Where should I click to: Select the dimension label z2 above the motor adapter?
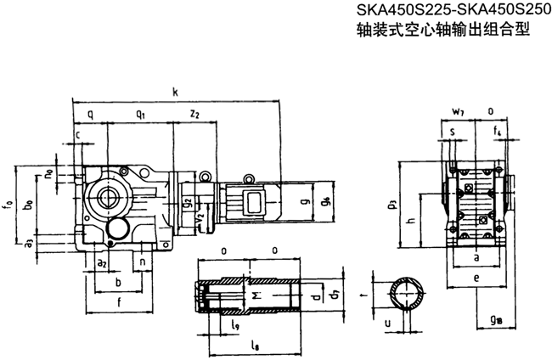pos(194,114)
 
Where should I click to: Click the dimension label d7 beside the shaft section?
pos(321,295)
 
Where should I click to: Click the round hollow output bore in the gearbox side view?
pos(109,197)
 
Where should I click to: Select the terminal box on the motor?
pos(253,202)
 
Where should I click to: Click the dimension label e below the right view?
pos(476,277)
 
